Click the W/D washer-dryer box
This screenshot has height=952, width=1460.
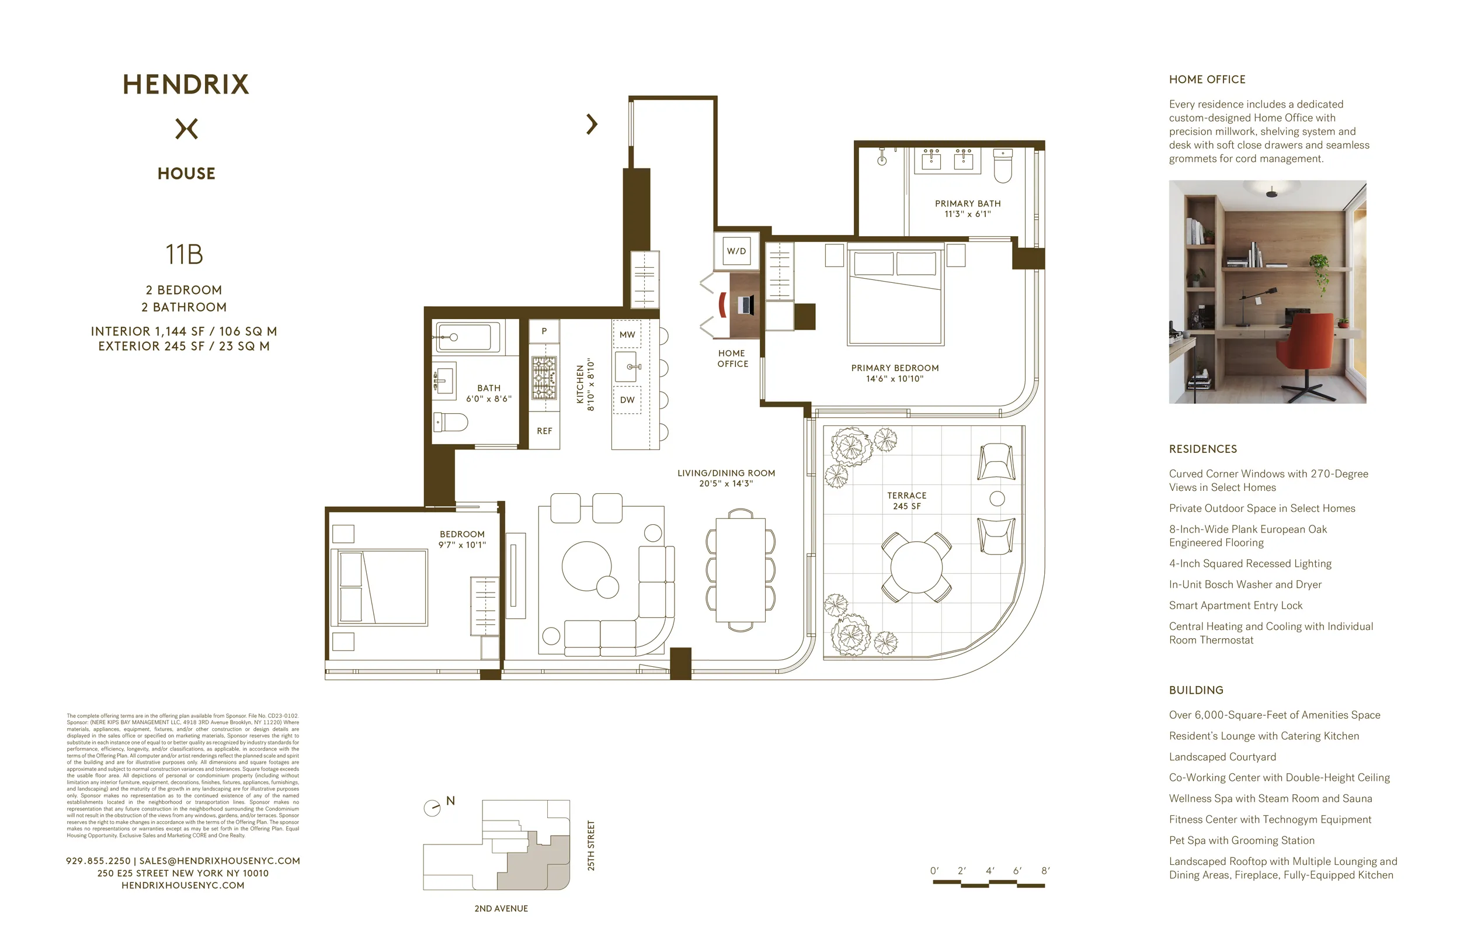tap(736, 251)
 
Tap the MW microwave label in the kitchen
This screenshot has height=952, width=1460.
tap(627, 334)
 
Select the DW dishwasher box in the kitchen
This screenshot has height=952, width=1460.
tap(627, 400)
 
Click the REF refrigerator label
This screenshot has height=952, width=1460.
tap(544, 431)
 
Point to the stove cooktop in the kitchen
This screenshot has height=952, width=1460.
tap(544, 377)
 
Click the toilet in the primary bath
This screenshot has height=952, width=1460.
tap(1002, 167)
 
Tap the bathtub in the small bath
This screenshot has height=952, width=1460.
tap(467, 337)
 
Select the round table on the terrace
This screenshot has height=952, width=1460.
tap(916, 566)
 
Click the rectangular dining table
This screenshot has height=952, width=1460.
tap(741, 570)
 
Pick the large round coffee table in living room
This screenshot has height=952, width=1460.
tap(586, 566)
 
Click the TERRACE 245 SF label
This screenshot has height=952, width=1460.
tap(907, 500)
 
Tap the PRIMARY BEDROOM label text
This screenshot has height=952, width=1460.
tap(895, 368)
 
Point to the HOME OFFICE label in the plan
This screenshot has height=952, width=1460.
tap(732, 358)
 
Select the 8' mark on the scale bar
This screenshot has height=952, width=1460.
tap(1045, 870)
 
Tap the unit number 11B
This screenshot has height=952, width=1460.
tap(184, 254)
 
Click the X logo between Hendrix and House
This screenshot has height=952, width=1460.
tap(186, 129)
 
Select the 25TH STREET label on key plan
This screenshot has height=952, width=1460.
tap(591, 845)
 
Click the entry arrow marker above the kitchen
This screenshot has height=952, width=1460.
tap(592, 124)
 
